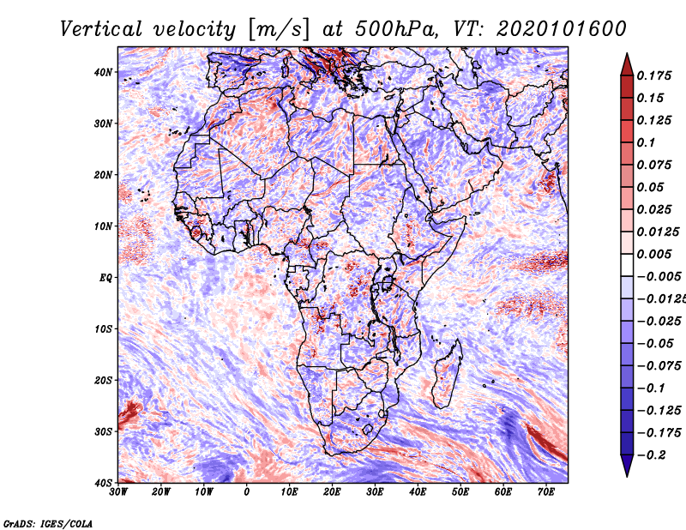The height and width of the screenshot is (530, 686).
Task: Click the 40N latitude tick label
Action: (x=103, y=72)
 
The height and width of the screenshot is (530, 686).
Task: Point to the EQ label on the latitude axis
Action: (x=105, y=278)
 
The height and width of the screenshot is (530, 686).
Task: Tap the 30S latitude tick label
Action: (x=103, y=431)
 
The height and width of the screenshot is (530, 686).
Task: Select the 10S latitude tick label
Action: (x=103, y=328)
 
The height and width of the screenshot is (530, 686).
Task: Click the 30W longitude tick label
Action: (x=118, y=492)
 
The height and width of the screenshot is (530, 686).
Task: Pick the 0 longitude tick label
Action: (x=247, y=492)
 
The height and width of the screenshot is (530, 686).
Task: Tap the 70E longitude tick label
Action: (x=546, y=492)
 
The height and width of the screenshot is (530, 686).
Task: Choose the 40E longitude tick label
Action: (x=418, y=492)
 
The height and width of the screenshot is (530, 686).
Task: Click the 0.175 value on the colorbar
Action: (x=654, y=75)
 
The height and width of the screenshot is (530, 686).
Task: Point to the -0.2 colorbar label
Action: (x=651, y=455)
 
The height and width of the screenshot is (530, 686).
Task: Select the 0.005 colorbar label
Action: (x=654, y=254)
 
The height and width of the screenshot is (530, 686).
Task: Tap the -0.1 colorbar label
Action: (x=651, y=388)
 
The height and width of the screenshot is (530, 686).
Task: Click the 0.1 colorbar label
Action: (x=647, y=142)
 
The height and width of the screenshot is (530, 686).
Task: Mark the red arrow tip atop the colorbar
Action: (x=627, y=54)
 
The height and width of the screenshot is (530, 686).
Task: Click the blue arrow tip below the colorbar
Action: (x=627, y=476)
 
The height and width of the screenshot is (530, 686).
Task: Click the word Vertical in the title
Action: (x=101, y=29)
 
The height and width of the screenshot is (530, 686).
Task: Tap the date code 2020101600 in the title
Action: (x=562, y=29)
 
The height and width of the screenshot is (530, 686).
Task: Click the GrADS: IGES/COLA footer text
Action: (x=48, y=524)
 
